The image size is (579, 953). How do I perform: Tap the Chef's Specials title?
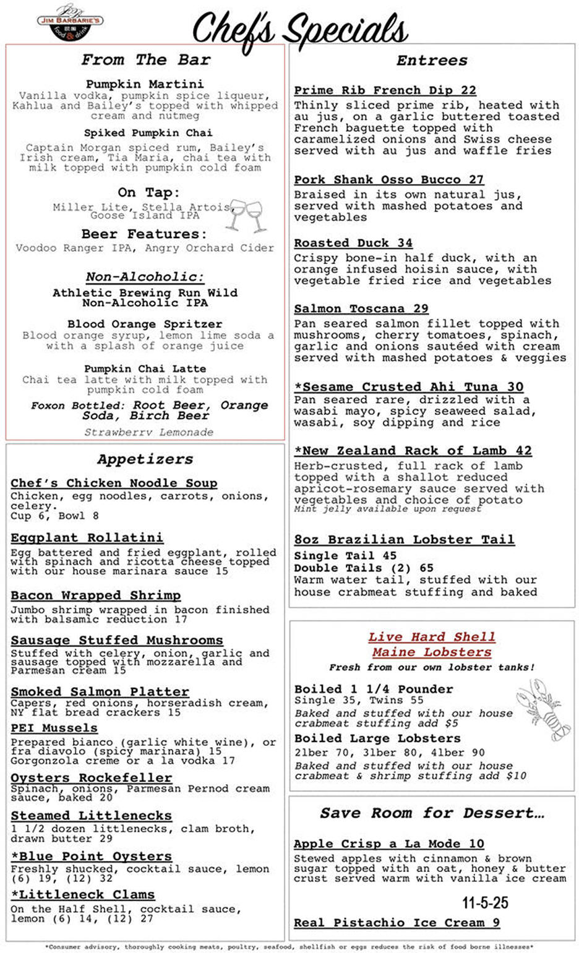click(300, 29)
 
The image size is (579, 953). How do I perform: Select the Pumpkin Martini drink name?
click(144, 83)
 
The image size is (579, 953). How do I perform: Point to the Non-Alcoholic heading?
click(145, 276)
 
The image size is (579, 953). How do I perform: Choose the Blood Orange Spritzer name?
click(144, 324)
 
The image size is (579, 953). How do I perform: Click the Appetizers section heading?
click(145, 459)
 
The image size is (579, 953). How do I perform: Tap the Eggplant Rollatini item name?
click(87, 537)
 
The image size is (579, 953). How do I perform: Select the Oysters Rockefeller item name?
click(91, 777)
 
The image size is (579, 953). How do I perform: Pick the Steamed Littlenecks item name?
click(91, 816)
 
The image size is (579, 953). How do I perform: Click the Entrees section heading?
click(432, 61)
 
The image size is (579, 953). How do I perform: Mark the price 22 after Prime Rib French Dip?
click(468, 90)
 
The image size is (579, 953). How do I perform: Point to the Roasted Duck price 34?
click(405, 243)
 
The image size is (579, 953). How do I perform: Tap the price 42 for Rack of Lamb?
click(523, 451)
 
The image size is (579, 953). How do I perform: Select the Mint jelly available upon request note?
click(387, 509)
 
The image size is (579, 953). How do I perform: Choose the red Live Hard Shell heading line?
click(432, 637)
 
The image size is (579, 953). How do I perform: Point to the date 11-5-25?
click(485, 903)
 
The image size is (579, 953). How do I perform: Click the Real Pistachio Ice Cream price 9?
click(495, 923)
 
